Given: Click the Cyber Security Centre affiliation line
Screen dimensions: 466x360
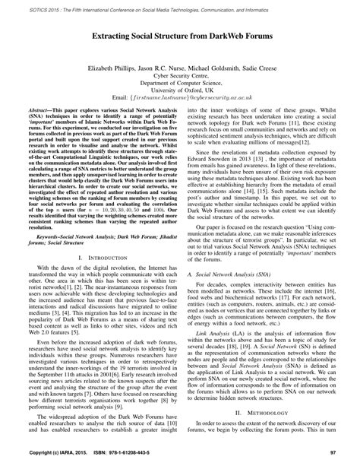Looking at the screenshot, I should click(x=180, y=76).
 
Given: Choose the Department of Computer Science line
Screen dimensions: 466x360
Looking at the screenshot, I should click(x=180, y=84).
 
